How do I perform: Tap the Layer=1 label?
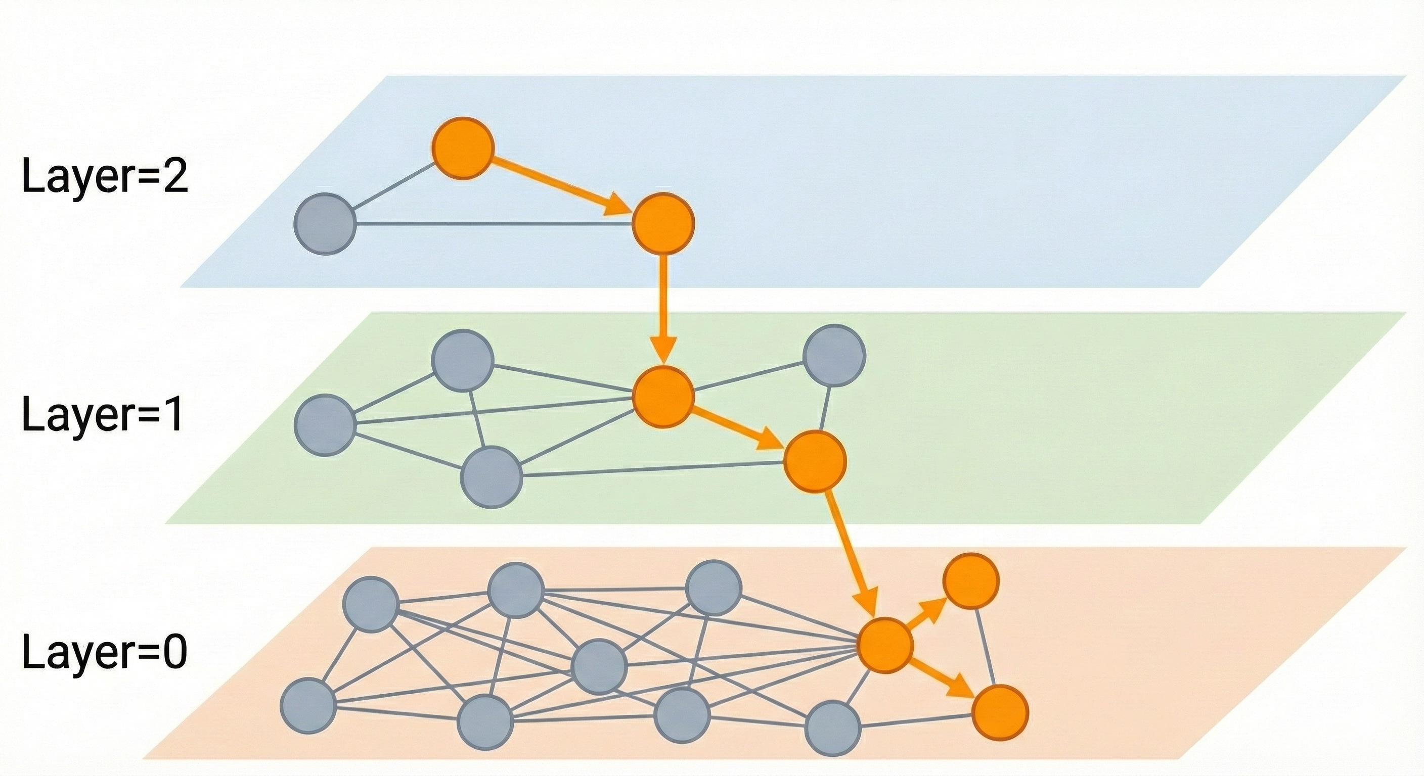[x=103, y=415]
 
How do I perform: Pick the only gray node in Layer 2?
[x=325, y=224]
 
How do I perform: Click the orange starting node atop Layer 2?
[x=462, y=148]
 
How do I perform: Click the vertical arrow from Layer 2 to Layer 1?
[x=663, y=309]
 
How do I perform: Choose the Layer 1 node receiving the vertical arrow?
[x=663, y=397]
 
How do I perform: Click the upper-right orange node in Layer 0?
[x=971, y=581]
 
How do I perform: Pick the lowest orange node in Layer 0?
[x=999, y=712]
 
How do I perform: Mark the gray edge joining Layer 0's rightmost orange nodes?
[x=985, y=646]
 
